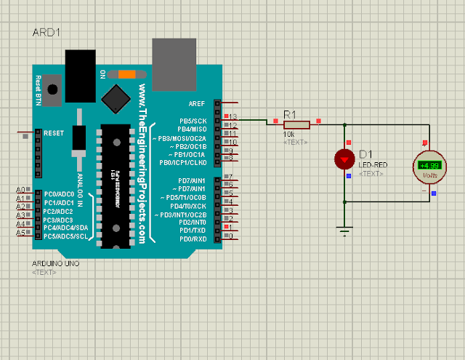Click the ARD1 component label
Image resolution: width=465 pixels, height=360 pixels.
pos(46,33)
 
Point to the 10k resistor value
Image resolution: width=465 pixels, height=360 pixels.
pos(289,134)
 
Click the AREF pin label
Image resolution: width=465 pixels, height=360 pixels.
pos(196,103)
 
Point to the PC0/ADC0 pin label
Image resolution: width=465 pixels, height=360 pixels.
pos(59,194)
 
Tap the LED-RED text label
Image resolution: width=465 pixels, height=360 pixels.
pos(372,165)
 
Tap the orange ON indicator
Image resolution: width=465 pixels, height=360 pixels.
pos(127,73)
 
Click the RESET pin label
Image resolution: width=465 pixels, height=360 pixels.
pos(54,133)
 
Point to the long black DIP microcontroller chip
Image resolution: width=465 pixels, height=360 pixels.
pos(114,186)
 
